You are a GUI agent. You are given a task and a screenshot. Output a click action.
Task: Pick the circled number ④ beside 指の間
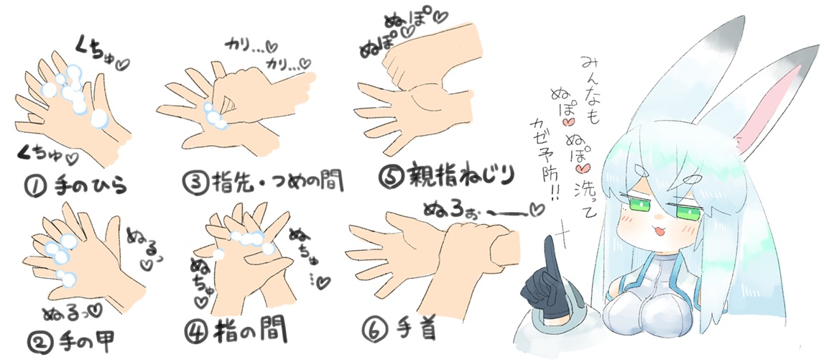pyautogui.click(x=200, y=331)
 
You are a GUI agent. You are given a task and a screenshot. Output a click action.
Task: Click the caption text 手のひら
pyautogui.click(x=91, y=186)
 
